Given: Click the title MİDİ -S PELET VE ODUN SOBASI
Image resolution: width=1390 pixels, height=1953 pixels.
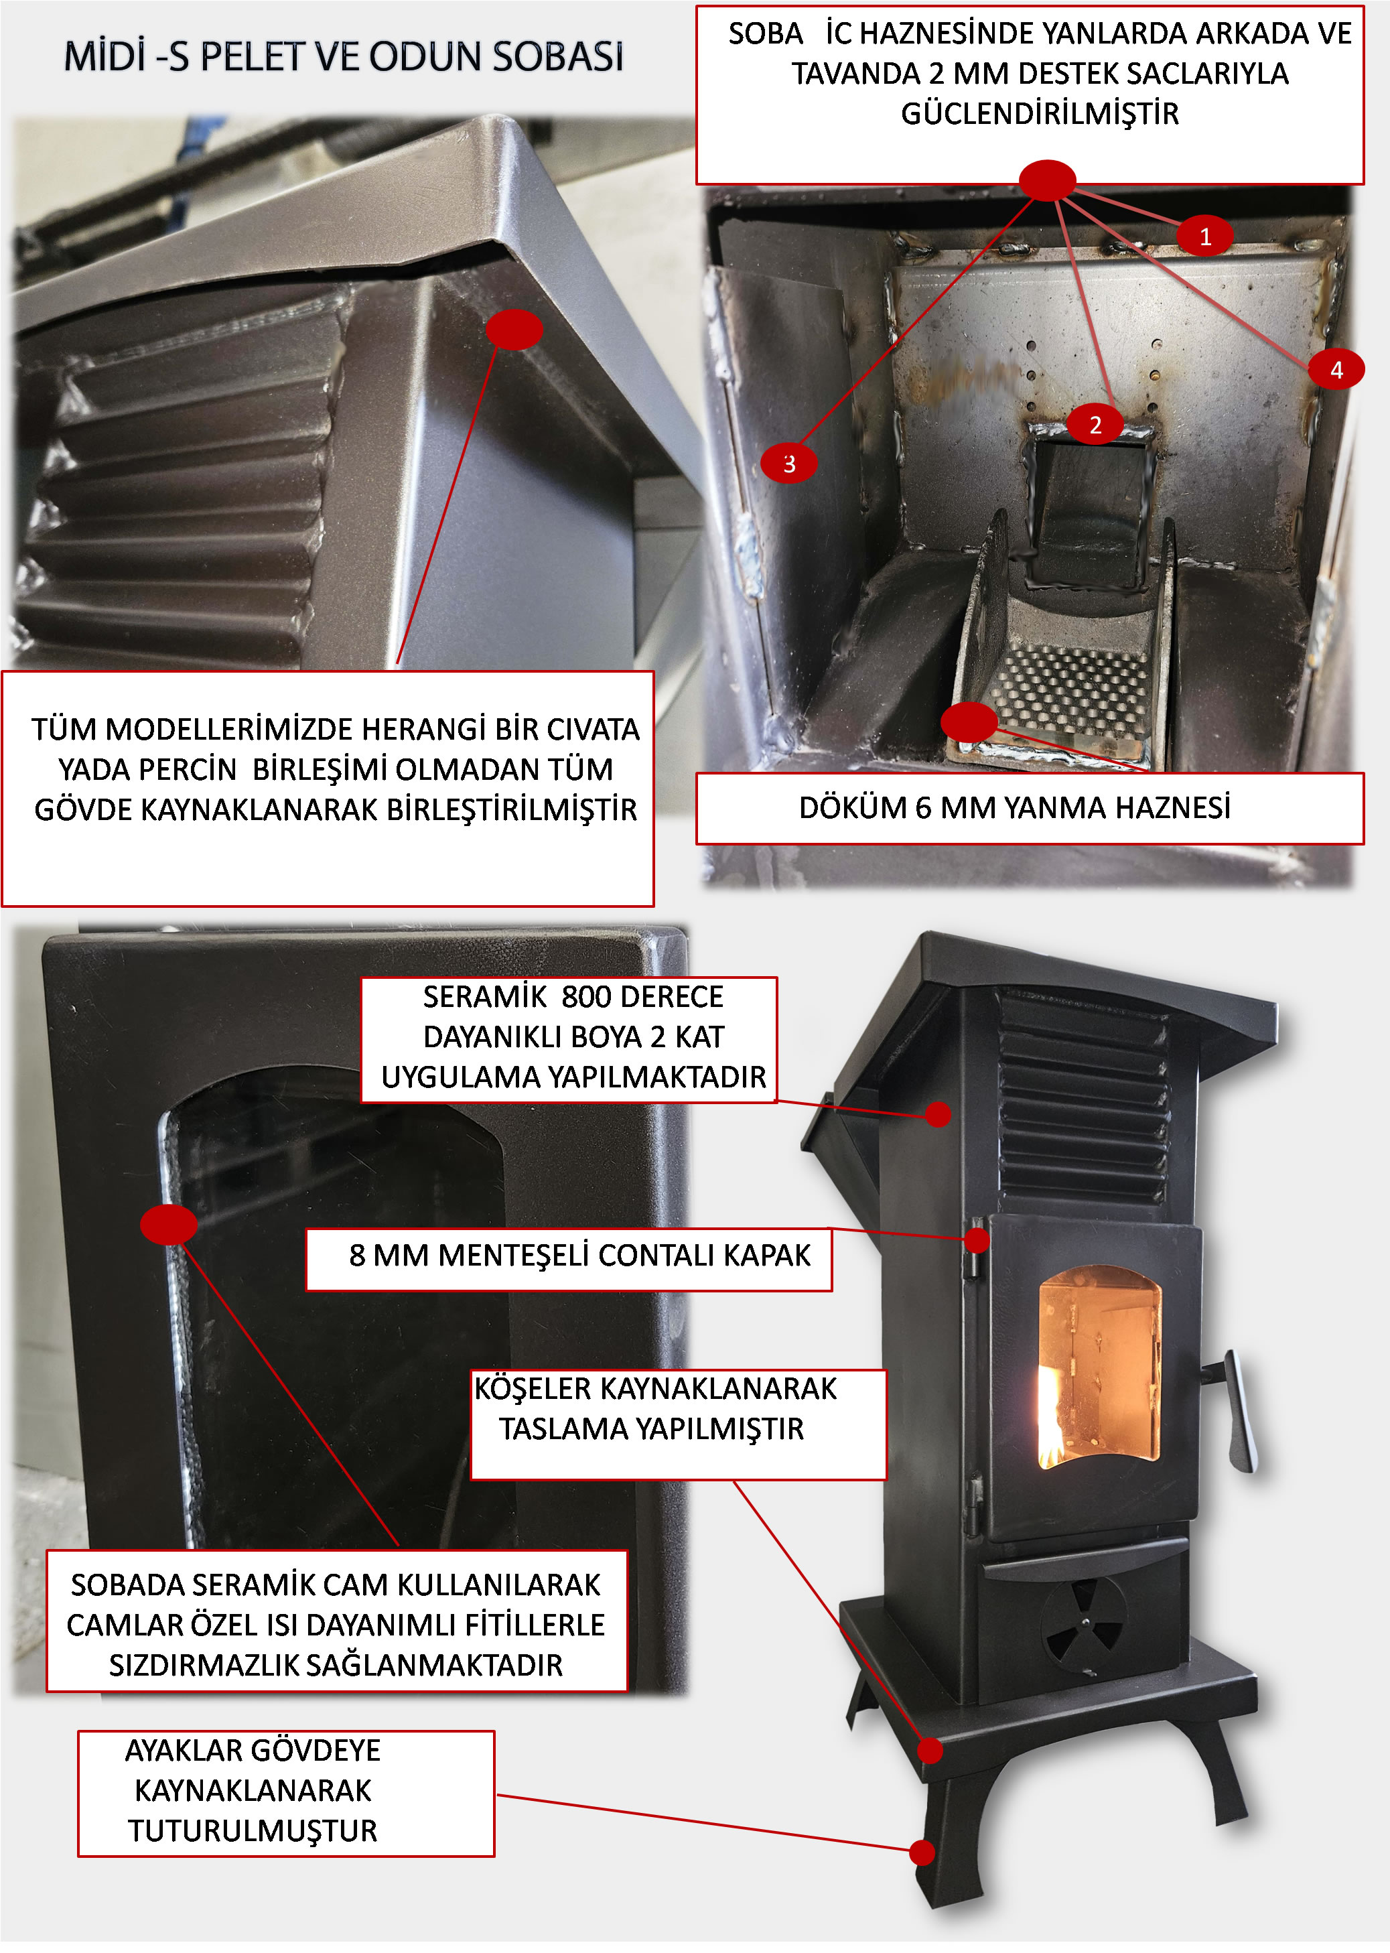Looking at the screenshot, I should click(x=343, y=56).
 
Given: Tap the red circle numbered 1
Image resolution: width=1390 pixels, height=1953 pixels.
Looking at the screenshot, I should click(x=1204, y=237).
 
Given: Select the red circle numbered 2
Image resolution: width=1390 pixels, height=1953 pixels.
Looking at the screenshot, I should click(x=1095, y=425).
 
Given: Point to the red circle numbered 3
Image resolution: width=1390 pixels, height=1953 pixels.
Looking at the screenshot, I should click(x=788, y=463).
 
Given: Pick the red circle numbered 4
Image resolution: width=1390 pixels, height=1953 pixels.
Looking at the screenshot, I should click(x=1335, y=370).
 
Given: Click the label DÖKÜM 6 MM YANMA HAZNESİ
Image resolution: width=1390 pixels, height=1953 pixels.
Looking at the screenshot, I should click(x=1014, y=808).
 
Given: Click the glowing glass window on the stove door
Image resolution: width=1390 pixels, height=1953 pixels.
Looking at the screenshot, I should click(x=1099, y=1367).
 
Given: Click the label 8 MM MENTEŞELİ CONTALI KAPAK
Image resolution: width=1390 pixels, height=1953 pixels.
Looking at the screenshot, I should click(x=579, y=1256).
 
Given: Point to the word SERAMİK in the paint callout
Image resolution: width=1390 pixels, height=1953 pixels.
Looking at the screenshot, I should click(x=484, y=997).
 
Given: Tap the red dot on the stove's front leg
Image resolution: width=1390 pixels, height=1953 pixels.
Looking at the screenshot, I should click(x=921, y=1853).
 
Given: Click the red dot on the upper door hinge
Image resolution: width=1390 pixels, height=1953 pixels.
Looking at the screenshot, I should click(x=977, y=1240).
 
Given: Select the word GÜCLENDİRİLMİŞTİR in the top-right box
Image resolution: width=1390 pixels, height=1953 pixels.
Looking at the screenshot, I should click(x=1039, y=114).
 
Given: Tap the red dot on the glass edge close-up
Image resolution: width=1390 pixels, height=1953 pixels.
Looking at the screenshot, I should click(x=169, y=1225).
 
